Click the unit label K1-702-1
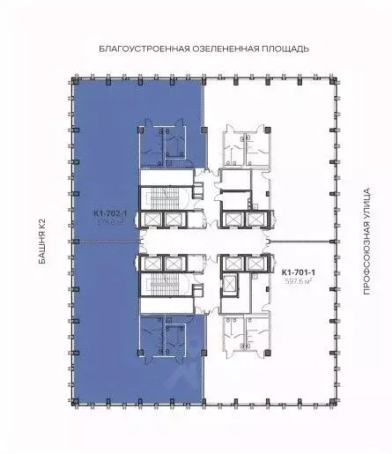[x=111, y=213]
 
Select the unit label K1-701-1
[x=300, y=272]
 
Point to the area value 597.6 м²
[x=300, y=282]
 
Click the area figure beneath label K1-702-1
[x=111, y=223]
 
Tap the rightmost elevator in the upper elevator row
[x=255, y=218]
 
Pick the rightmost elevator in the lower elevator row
[x=255, y=262]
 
